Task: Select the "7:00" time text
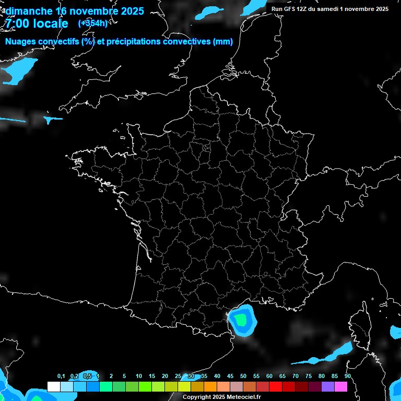[x=17, y=23]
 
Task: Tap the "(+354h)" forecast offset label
[x=92, y=23]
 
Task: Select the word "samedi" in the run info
[x=328, y=9]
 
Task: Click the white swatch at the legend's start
[x=53, y=386]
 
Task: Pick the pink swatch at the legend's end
[x=340, y=386]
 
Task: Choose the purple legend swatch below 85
[x=327, y=386]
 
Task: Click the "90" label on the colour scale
[x=347, y=376]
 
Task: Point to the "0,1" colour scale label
[x=61, y=376]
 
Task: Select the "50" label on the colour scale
[x=243, y=376]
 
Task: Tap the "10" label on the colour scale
[x=138, y=376]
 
